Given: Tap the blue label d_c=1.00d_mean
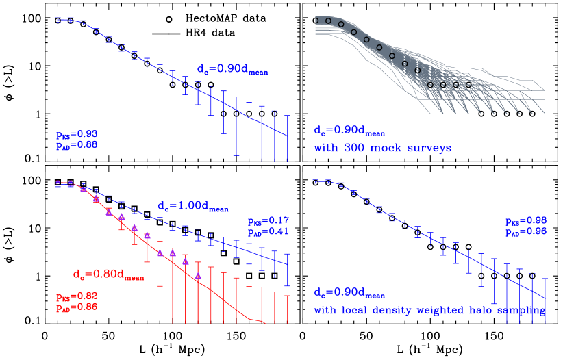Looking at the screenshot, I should [x=192, y=206].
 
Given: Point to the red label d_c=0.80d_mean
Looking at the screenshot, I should [x=108, y=275].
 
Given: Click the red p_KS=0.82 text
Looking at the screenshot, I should [x=77, y=296].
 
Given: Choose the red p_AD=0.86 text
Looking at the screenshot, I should [x=77, y=307].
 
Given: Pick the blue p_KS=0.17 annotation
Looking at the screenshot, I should [x=268, y=221].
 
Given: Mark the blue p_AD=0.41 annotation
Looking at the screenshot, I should [x=268, y=231].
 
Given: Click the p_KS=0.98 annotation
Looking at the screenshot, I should [x=525, y=221].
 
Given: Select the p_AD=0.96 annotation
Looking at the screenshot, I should [x=525, y=231].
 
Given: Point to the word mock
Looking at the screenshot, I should [x=385, y=148].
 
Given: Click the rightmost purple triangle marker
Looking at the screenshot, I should [x=198, y=276].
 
